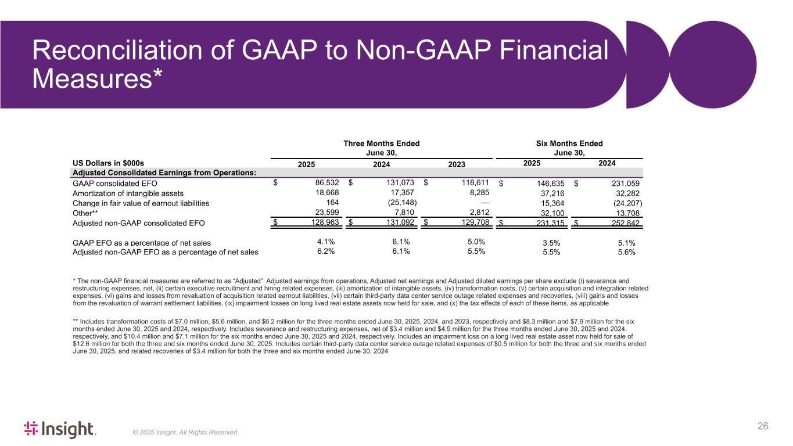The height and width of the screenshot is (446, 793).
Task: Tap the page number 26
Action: pos(763,427)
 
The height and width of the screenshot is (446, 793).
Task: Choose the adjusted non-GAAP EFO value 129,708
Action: pos(473,223)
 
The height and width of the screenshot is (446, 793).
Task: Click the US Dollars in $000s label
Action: pos(108,163)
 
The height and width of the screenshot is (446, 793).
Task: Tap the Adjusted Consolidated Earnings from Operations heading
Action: pos(163,173)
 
